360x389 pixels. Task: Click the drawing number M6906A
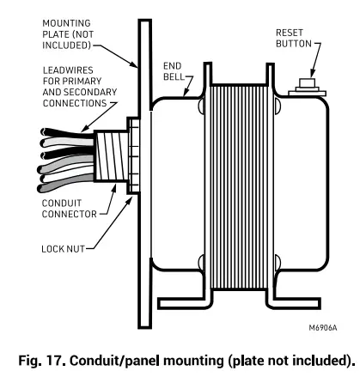tap(325, 327)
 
